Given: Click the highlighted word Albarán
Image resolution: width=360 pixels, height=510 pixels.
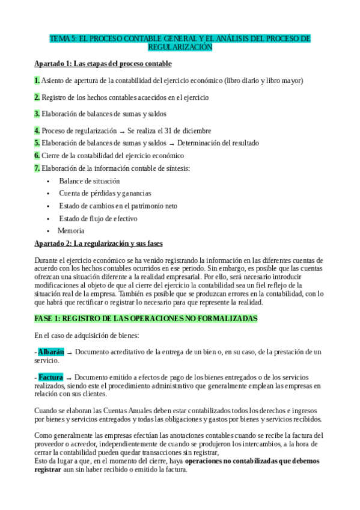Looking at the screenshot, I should pos(51,351).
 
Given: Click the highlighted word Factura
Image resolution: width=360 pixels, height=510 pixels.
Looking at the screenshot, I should pos(50,376).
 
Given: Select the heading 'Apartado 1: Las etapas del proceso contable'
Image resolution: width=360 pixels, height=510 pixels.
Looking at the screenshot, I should pos(103,63).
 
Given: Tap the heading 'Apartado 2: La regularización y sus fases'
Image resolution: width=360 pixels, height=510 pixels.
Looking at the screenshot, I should pos(99,244).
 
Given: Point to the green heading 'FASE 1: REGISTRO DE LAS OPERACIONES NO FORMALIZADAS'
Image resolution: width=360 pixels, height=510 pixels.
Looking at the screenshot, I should pos(146,318).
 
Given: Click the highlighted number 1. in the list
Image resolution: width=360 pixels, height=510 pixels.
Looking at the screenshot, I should pos(37,80).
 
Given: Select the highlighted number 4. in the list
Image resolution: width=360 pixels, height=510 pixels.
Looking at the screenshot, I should pos(37,131).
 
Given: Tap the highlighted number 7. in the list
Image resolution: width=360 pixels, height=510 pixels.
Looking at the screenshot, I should pos(37,168).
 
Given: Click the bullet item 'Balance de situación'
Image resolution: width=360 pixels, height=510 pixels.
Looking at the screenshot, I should pos(90,180).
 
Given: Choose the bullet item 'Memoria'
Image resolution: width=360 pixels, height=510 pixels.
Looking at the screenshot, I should pos(71,230).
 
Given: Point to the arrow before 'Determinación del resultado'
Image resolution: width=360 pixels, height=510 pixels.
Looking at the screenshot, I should pos(171,144).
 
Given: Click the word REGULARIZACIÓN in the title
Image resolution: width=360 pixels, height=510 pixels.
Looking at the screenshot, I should pos(180,46).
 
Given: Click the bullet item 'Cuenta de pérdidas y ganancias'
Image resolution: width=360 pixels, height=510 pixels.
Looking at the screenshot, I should pos(105,193).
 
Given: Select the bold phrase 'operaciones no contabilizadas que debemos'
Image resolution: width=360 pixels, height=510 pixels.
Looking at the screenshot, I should pos(252,461).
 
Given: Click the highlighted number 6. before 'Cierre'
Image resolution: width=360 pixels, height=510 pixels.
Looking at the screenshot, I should pos(37,155).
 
